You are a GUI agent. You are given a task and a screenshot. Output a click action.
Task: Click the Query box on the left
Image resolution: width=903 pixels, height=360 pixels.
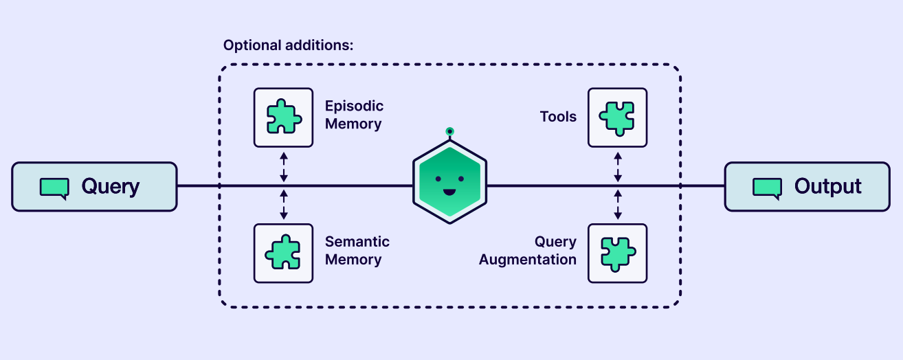tap(94, 186)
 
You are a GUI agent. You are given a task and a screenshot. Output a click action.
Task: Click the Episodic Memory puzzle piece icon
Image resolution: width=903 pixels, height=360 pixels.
tap(283, 117)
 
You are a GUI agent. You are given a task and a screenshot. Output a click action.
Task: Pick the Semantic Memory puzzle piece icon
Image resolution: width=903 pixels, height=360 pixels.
tap(283, 253)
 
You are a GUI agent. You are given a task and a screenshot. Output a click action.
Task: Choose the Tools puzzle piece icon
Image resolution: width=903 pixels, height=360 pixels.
tap(617, 117)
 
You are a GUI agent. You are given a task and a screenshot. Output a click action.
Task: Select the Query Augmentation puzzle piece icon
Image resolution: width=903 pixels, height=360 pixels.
tap(617, 253)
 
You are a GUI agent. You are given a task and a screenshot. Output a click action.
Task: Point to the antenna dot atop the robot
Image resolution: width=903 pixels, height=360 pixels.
tap(449, 131)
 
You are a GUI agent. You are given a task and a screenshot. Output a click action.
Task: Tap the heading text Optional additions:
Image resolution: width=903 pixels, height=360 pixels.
tap(288, 46)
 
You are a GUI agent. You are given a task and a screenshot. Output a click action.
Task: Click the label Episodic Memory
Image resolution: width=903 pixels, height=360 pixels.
tap(354, 115)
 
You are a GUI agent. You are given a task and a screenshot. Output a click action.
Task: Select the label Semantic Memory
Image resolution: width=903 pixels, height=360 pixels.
tap(357, 251)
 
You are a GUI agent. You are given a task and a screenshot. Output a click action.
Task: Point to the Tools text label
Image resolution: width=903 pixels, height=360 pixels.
tap(558, 117)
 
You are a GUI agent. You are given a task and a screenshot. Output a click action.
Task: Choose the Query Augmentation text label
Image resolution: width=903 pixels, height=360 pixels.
tap(528, 251)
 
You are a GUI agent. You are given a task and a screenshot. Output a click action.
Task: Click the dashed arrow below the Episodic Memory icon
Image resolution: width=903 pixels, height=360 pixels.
tap(284, 166)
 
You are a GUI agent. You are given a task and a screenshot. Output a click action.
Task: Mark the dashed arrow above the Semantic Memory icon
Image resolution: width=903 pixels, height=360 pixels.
tap(284, 205)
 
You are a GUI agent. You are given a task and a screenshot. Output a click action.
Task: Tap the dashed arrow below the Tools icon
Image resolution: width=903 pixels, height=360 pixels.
tap(617, 166)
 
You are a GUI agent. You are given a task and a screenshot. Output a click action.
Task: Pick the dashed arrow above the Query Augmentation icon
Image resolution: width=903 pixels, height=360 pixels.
tap(617, 205)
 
